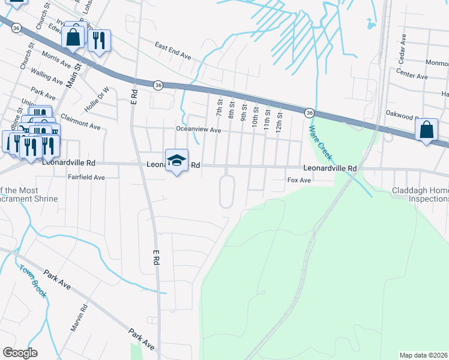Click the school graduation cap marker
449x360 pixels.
pos(176,160)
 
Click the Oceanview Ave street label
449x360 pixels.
pos(198,130)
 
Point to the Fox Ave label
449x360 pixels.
pos(299,180)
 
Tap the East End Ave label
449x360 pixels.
pos(172,50)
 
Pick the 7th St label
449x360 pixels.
pos(218,109)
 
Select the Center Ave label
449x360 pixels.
pos(412,76)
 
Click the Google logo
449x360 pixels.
pos(20,353)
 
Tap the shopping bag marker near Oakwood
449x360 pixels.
pos(426,130)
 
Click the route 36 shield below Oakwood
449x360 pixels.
pos(309,112)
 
